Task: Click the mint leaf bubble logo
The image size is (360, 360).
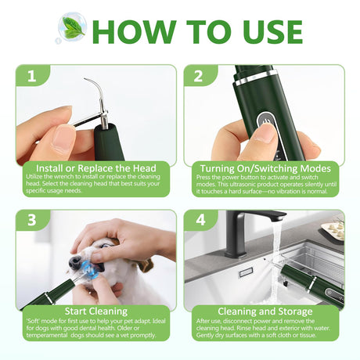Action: click(x=71, y=28)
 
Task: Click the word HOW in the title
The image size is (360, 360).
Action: click(x=134, y=32)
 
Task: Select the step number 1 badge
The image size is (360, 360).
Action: click(x=32, y=76)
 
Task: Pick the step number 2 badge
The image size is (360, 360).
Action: click(x=199, y=76)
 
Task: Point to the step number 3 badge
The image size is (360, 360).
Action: click(x=32, y=220)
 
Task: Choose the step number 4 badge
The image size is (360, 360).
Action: click(x=200, y=220)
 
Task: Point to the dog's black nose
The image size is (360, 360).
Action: click(x=75, y=261)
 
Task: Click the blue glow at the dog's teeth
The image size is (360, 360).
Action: click(x=91, y=268)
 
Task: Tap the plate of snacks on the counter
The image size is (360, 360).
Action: click(x=333, y=229)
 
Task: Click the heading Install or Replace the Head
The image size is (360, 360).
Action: click(x=96, y=168)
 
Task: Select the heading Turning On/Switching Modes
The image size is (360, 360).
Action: click(x=265, y=168)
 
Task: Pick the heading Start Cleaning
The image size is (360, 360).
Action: click(x=96, y=311)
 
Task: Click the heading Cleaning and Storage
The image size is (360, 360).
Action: click(x=265, y=311)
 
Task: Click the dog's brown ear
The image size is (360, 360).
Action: click(x=144, y=264)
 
